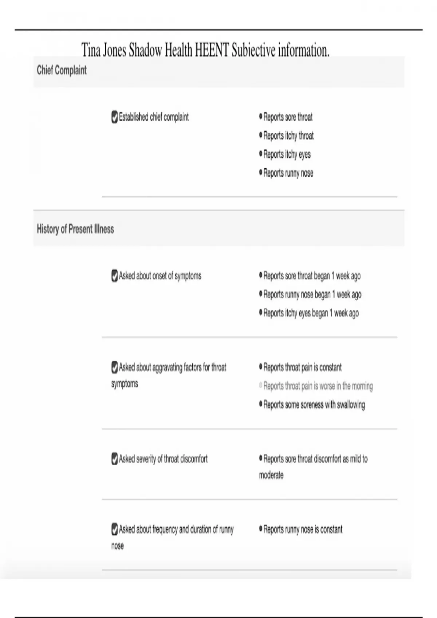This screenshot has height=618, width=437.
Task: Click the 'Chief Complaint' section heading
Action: tap(62, 70)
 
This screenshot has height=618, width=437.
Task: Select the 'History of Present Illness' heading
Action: tap(75, 229)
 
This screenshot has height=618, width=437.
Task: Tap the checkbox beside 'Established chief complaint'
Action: tap(114, 117)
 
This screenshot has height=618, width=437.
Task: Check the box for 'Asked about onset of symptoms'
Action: tap(114, 276)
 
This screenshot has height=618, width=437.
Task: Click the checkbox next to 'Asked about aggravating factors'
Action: tap(114, 367)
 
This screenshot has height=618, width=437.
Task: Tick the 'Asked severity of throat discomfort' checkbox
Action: tap(114, 459)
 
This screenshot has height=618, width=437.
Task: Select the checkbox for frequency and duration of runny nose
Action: tap(114, 529)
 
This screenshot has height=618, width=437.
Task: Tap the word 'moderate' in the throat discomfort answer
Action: tap(271, 475)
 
